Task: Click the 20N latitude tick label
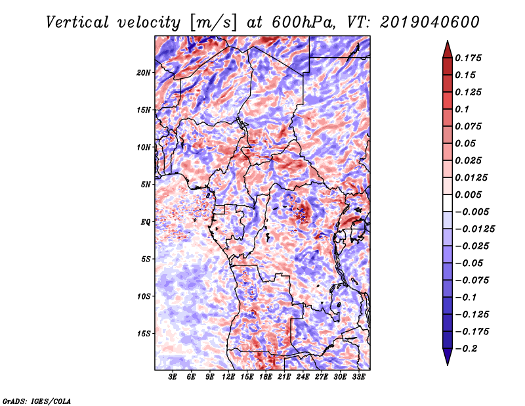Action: (144, 72)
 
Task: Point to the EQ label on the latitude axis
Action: (146, 222)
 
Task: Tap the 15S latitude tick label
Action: (144, 334)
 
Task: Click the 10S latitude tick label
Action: (144, 296)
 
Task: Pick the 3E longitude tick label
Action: (173, 378)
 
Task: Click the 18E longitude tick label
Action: (266, 378)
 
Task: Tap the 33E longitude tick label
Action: (358, 378)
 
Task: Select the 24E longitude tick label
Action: (303, 378)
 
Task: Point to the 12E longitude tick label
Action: (229, 378)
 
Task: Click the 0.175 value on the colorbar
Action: (470, 58)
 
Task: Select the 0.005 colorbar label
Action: (470, 195)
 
